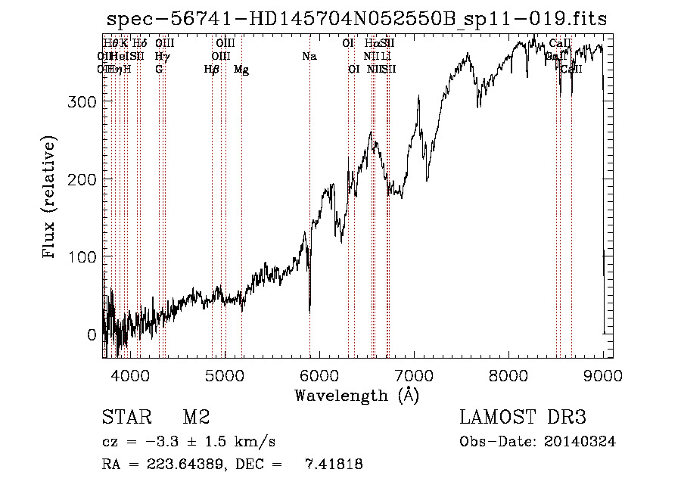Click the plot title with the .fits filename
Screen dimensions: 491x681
click(x=356, y=19)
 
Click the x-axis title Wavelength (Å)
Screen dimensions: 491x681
click(x=357, y=395)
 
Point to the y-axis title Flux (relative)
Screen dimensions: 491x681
click(x=51, y=199)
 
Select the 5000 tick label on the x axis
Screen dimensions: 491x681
click(x=225, y=375)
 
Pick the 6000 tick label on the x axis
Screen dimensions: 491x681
click(x=319, y=375)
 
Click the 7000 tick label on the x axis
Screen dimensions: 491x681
click(x=414, y=375)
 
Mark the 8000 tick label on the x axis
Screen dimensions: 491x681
click(x=508, y=375)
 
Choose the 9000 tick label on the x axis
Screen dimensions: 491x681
click(x=603, y=375)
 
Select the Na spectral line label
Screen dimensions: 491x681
click(x=309, y=57)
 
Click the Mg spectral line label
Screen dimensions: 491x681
click(x=241, y=70)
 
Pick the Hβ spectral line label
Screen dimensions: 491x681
click(x=212, y=70)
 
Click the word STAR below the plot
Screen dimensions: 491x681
click(x=123, y=418)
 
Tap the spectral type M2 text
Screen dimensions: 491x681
click(x=196, y=418)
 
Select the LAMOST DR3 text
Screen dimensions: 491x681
click(x=523, y=418)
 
